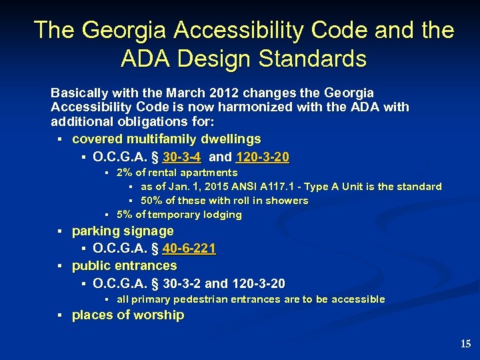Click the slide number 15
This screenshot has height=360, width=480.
click(465, 344)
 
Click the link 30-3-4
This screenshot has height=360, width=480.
click(181, 157)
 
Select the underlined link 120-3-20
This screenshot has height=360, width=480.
click(263, 157)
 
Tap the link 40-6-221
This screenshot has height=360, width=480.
click(189, 249)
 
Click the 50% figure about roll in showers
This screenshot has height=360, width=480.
click(151, 201)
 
